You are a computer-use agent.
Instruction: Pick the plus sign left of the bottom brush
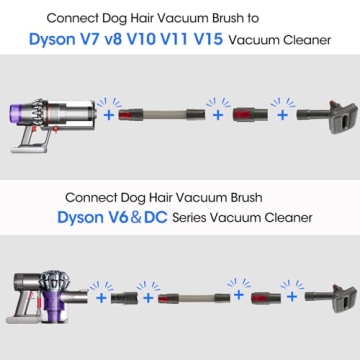(292, 297)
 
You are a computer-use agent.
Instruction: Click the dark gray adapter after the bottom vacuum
(125, 298)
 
